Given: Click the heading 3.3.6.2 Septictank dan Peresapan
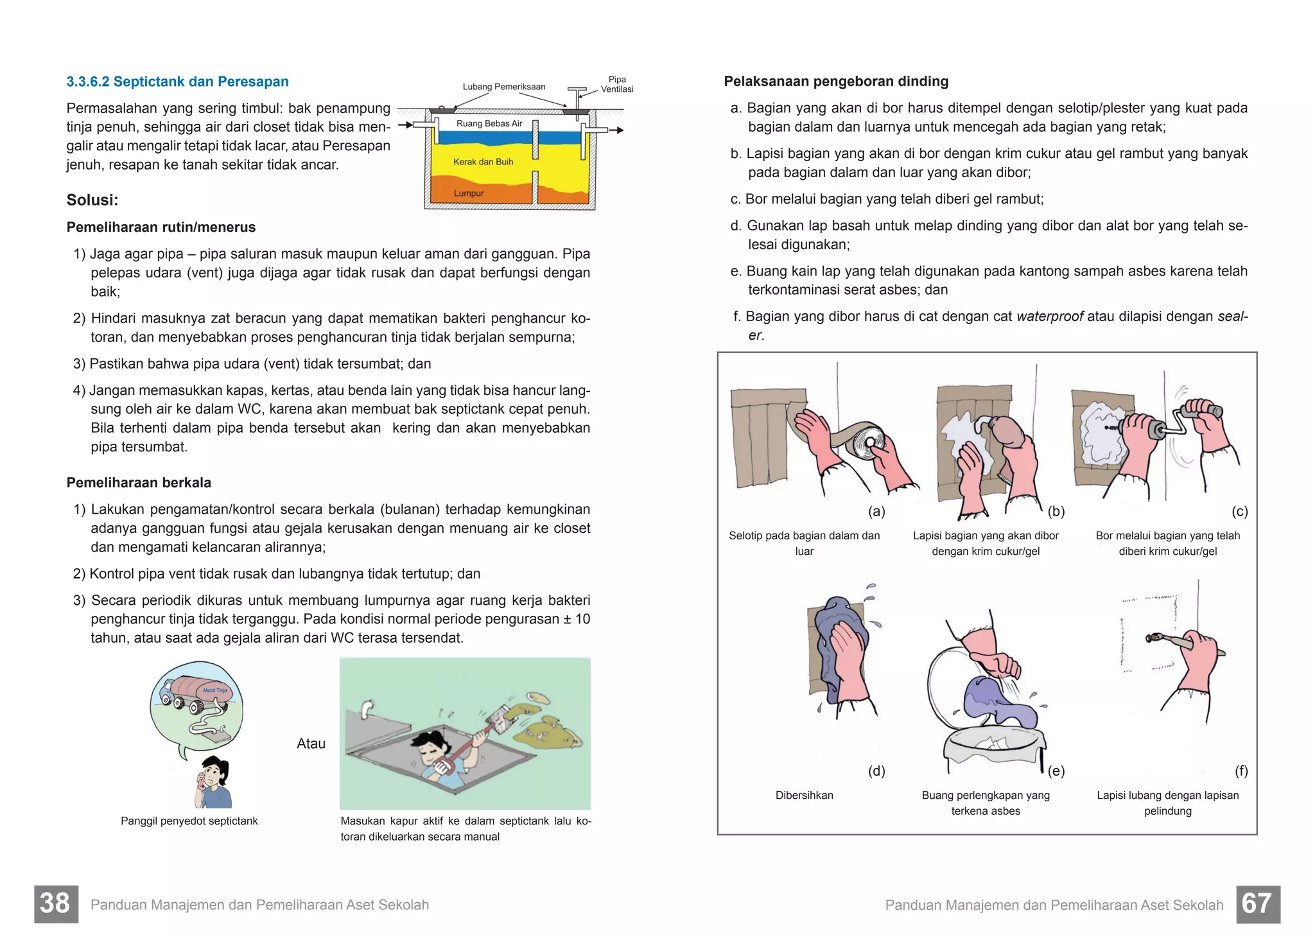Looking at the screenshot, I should pos(177,82).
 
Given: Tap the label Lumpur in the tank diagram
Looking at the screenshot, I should pos(468,193).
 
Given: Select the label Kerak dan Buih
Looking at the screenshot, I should pos(483,162).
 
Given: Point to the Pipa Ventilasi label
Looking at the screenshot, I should pos(616,84).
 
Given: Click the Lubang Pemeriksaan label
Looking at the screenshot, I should pos(503,87).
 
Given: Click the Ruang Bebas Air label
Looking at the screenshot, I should pos(489,123).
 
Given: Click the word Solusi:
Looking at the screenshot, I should pos(92,200).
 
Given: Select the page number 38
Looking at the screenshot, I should pos(56,904).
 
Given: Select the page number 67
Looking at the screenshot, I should pos(1257,904).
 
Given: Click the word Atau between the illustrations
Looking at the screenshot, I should pos(311,744).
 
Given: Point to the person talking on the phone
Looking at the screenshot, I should pos(214,782).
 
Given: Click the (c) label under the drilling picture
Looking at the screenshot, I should pos(1239,511).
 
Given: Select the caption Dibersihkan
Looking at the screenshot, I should pos(804,795).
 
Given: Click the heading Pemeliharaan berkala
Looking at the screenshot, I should pos(139,483).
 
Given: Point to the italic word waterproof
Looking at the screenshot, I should pos(1050,317).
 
